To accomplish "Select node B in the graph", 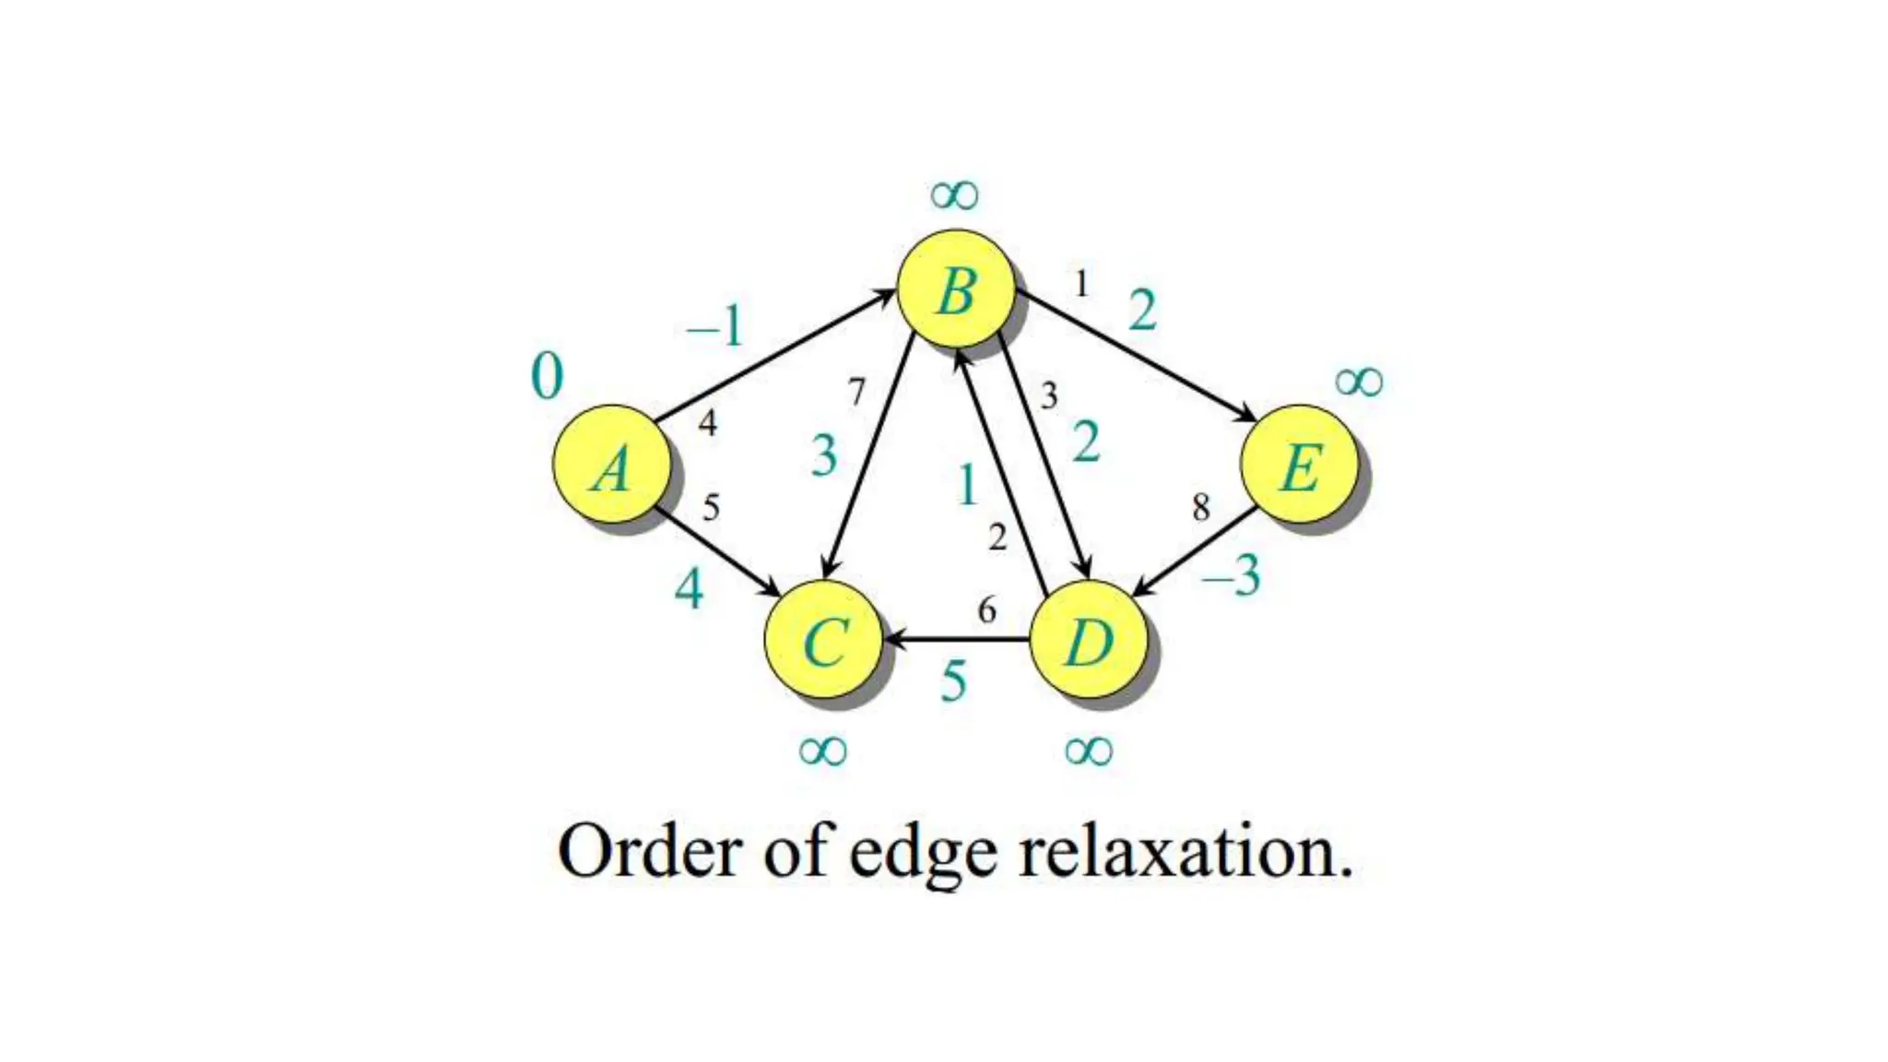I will [956, 289].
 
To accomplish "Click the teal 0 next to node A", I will [547, 376].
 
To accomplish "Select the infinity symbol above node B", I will [954, 195].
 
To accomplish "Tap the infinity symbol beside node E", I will [1359, 381].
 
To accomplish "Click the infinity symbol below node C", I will [822, 750].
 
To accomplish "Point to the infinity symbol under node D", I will [1088, 750].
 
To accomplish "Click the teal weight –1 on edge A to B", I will [714, 326].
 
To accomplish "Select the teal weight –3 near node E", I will [1232, 577].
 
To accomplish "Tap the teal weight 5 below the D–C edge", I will [954, 682].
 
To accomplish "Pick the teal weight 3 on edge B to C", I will [824, 455].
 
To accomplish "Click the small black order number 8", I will [1200, 507].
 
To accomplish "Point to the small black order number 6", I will [986, 609].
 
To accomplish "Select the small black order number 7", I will [857, 393].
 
